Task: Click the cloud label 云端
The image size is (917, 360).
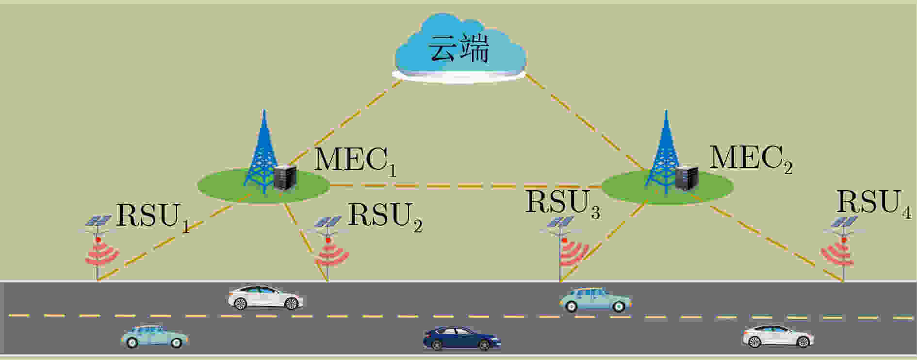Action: (458, 49)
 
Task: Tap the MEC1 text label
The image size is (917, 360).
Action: (356, 161)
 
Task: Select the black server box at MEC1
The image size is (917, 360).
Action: (285, 178)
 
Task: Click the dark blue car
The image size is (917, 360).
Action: (461, 338)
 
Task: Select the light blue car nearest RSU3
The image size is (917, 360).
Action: (596, 300)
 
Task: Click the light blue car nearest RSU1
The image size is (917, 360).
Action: (154, 336)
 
